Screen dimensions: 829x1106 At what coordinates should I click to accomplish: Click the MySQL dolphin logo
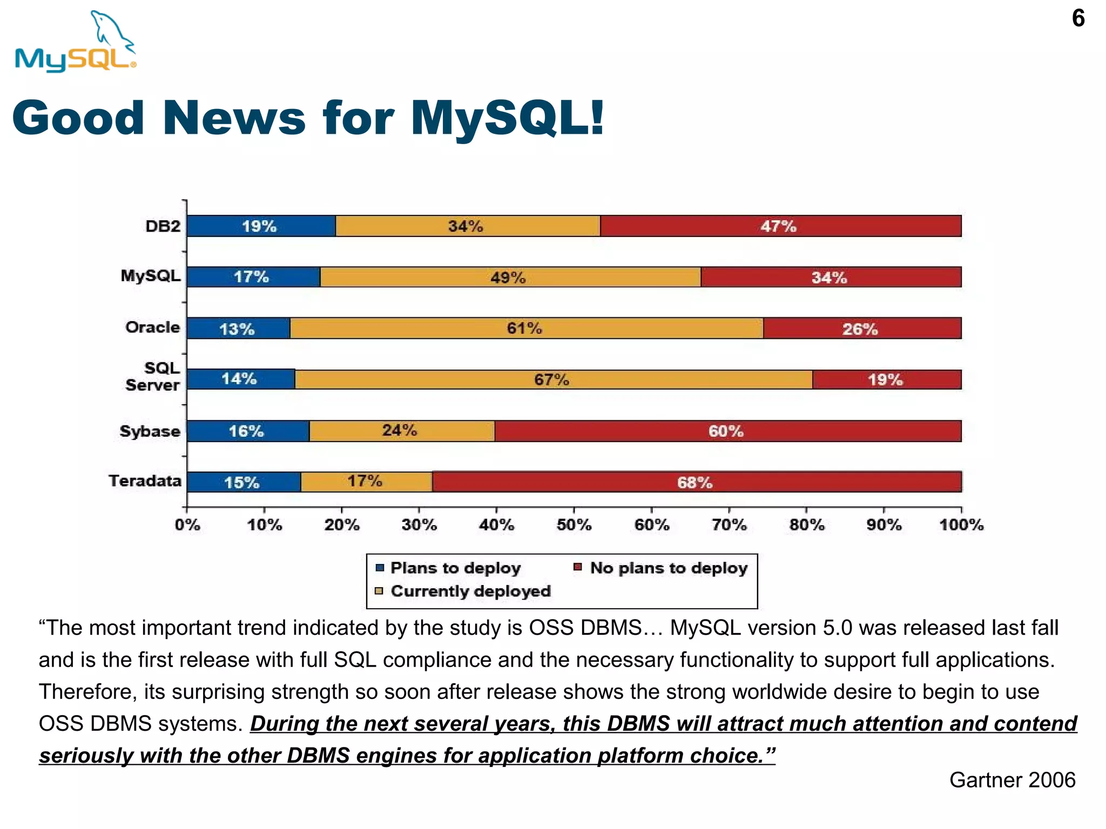76,42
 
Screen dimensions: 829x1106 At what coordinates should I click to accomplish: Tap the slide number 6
1078,19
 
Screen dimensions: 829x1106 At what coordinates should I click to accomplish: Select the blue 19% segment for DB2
260,226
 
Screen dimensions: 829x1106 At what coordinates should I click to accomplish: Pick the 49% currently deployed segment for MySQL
509,277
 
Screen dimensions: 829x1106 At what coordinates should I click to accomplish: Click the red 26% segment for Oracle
861,329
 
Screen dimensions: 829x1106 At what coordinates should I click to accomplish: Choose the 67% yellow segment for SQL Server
552,379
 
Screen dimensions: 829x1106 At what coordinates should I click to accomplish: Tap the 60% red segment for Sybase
726,431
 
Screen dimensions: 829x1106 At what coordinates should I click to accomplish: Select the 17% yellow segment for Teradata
366,481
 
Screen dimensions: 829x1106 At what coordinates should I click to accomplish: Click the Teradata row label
145,481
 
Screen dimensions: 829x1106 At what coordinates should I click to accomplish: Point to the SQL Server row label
153,377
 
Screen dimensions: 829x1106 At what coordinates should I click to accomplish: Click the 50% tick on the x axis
574,525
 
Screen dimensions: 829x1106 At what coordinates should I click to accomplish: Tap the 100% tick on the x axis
961,525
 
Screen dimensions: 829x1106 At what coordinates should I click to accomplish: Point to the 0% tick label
187,525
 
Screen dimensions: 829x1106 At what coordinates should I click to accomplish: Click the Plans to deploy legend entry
455,568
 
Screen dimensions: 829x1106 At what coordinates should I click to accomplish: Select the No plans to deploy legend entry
668,568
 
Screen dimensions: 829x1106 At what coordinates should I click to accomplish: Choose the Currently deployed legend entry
470,592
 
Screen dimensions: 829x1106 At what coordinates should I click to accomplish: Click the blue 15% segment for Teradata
242,482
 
